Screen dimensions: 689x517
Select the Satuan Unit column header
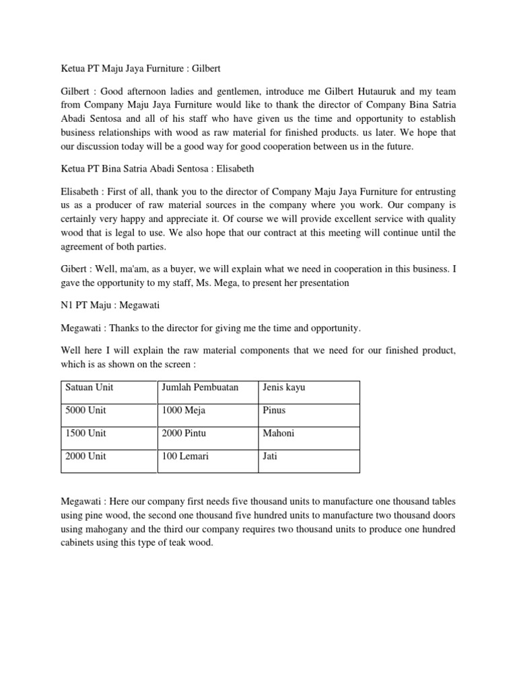click(90, 388)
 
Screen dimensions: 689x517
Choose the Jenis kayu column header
click(284, 388)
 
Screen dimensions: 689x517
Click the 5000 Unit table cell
click(85, 410)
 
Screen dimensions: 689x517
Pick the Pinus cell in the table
click(275, 410)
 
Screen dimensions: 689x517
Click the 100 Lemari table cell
click(185, 456)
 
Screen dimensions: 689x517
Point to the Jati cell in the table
click(270, 456)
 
